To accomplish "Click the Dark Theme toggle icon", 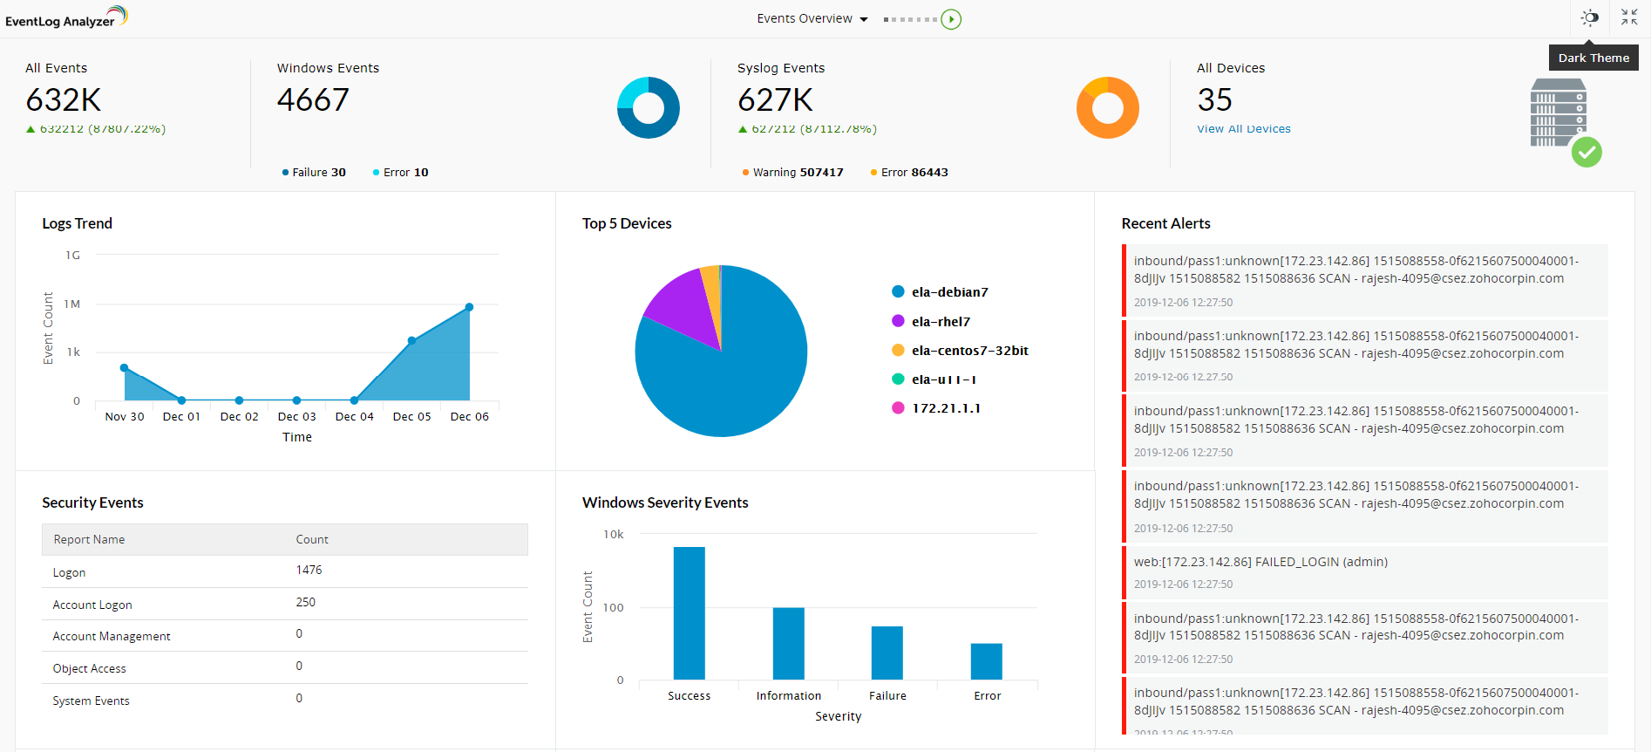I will point(1590,17).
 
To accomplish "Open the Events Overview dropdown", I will point(812,19).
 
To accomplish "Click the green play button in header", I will point(951,19).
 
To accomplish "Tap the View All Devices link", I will point(1243,129).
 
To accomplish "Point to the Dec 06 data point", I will point(469,307).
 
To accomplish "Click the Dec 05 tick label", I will point(411,417).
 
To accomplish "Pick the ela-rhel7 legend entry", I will point(940,322).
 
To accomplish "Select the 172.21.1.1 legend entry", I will point(945,408).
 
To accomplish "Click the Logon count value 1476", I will point(309,571).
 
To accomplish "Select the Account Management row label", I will point(112,637).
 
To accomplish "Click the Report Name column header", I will point(89,540).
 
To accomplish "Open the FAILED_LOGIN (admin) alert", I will point(1260,562).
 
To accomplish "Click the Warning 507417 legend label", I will point(798,173).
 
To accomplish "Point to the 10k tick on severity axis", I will point(614,535).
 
